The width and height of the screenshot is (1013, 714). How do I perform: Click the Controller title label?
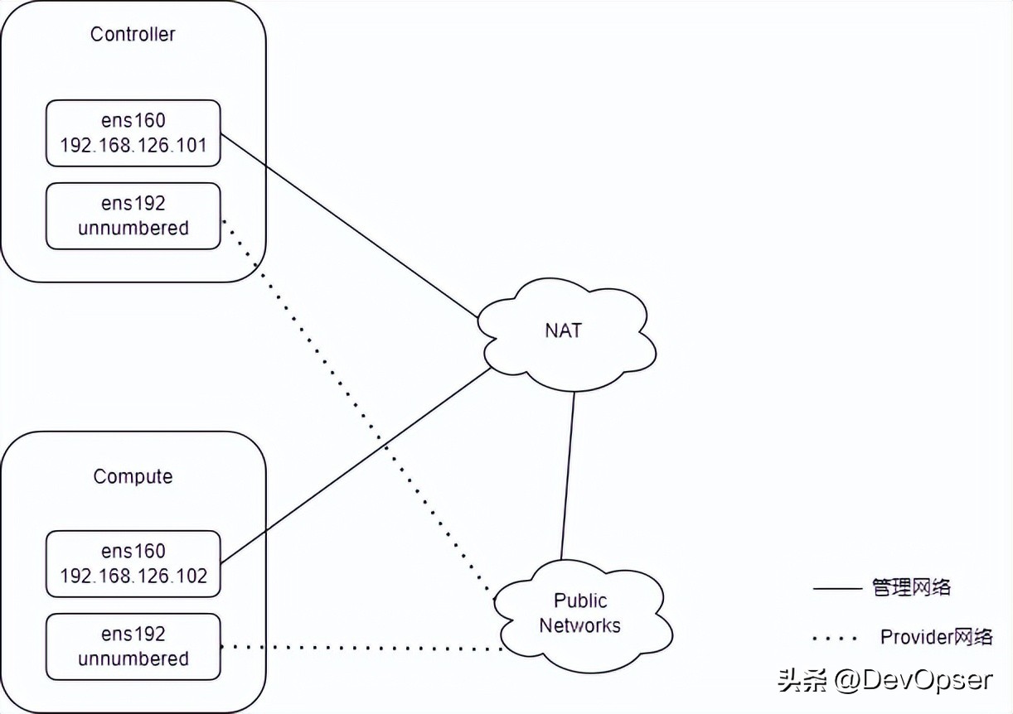point(133,34)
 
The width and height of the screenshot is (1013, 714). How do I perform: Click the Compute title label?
point(133,476)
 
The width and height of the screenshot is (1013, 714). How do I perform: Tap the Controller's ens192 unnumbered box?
point(133,215)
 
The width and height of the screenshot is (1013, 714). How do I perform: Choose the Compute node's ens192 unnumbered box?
point(133,646)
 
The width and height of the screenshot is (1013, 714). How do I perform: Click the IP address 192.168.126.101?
point(133,146)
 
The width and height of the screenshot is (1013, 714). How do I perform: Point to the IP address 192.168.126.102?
point(133,577)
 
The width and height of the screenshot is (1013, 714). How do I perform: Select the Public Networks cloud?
point(580,613)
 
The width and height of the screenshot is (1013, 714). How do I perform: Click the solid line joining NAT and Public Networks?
point(568,476)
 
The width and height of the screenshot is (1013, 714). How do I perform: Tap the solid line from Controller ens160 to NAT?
point(348,224)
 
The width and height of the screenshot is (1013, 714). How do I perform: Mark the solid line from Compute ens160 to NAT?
point(356,464)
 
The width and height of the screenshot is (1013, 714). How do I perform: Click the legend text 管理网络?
point(911,588)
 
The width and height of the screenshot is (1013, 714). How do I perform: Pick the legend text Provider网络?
point(936,637)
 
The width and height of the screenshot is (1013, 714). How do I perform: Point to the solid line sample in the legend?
point(837,589)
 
